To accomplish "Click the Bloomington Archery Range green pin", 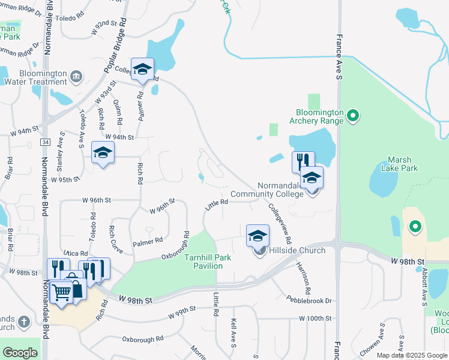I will (x=353, y=115).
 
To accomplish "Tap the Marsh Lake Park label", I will (x=400, y=163).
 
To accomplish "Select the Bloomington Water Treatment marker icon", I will (x=76, y=76).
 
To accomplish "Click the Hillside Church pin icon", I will (x=259, y=250).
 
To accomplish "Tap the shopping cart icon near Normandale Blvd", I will (x=62, y=292).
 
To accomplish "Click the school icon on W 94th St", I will (x=103, y=154).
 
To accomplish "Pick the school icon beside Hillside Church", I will (x=258, y=235).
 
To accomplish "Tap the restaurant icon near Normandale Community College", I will (x=303, y=161).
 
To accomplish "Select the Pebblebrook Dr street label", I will (x=309, y=299).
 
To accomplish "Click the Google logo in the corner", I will (x=20, y=353).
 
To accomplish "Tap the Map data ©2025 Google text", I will (x=411, y=355).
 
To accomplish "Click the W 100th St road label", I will (x=315, y=317).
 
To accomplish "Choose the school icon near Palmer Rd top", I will (x=142, y=69).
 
